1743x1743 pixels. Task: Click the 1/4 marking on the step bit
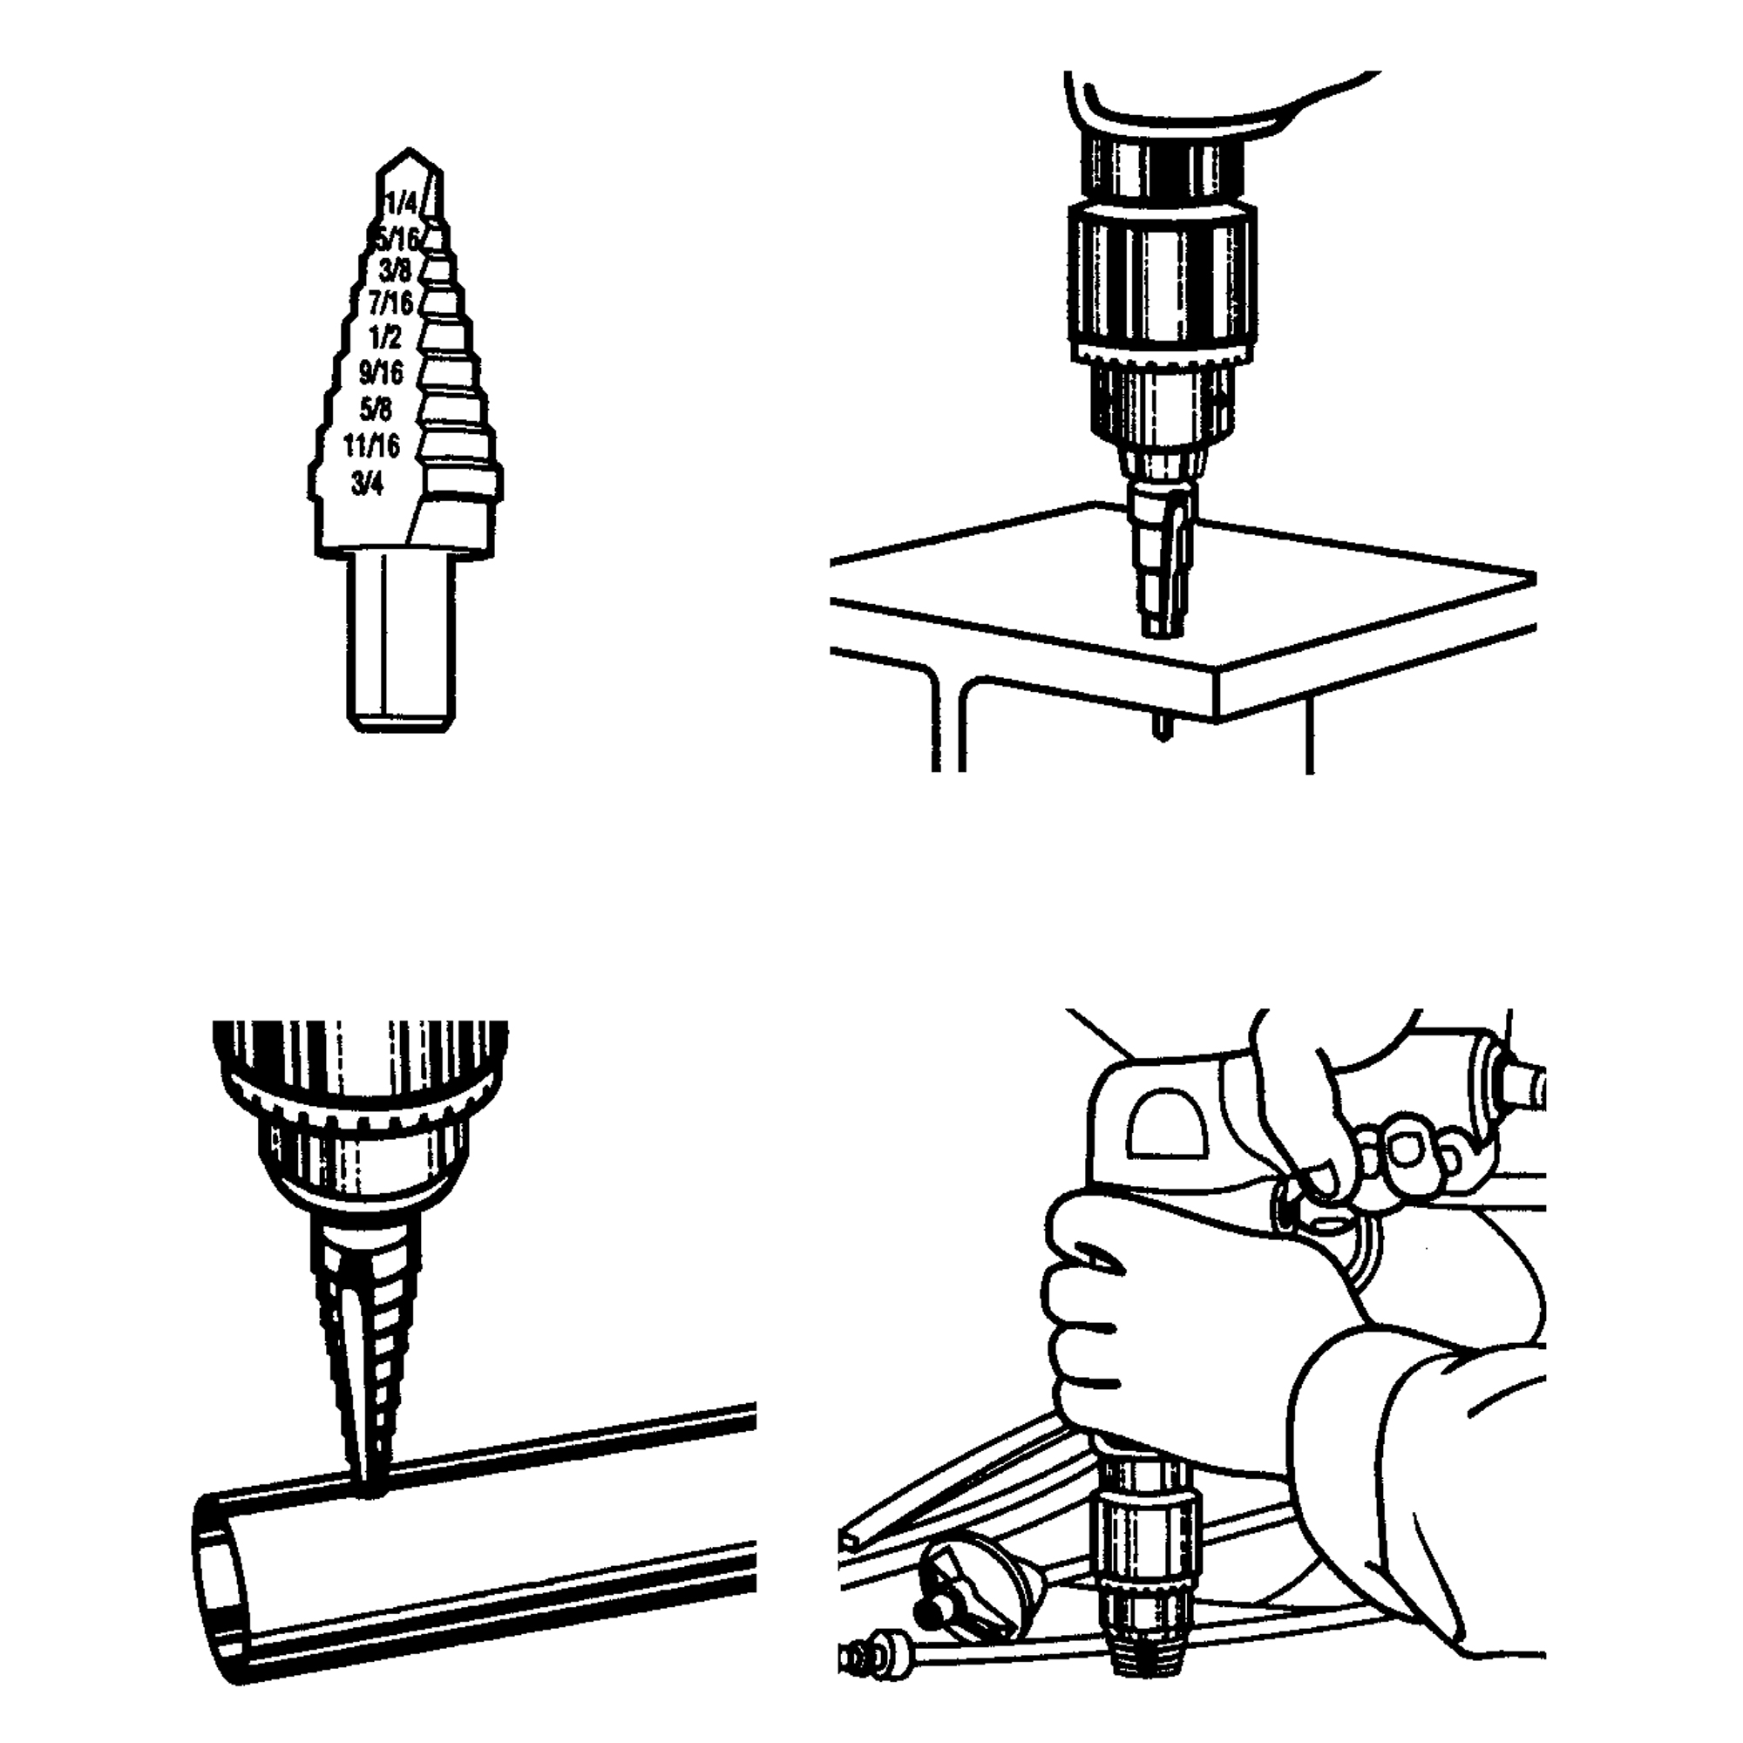pos(403,202)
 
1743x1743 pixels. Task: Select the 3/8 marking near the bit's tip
pos(396,271)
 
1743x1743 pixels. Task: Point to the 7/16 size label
pos(390,302)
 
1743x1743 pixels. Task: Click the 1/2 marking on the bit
pos(386,337)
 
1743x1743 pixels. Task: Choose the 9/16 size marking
pos(381,373)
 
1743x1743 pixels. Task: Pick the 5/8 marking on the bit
pos(376,409)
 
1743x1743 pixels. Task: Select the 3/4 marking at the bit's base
pos(367,484)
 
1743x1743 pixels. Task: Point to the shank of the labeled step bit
pos(402,641)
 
